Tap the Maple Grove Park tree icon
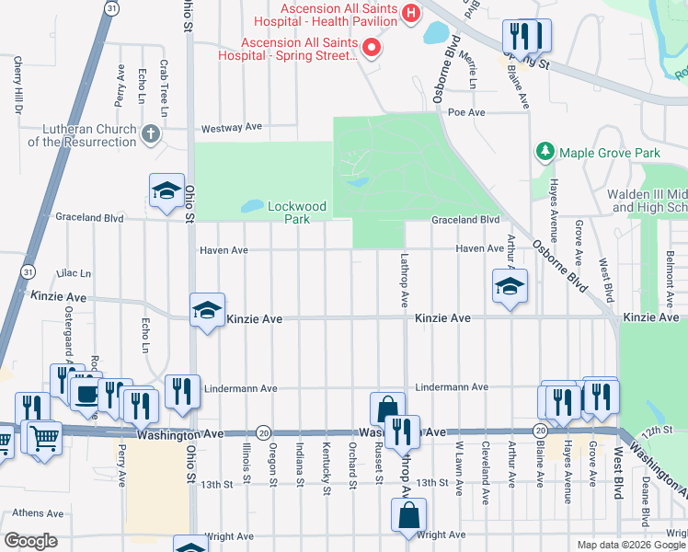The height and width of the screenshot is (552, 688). tap(545, 151)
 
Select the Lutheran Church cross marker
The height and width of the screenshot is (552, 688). tap(152, 135)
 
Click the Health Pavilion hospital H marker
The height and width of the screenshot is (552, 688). tap(411, 14)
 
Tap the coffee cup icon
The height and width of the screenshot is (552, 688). tap(86, 393)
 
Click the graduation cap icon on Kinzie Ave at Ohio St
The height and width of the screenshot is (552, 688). tap(207, 311)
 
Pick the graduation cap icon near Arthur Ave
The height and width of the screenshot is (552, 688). tap(509, 286)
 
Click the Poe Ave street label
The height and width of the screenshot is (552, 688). tap(465, 112)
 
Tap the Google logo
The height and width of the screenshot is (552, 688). tap(30, 541)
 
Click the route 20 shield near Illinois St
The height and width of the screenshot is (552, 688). tap(263, 432)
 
